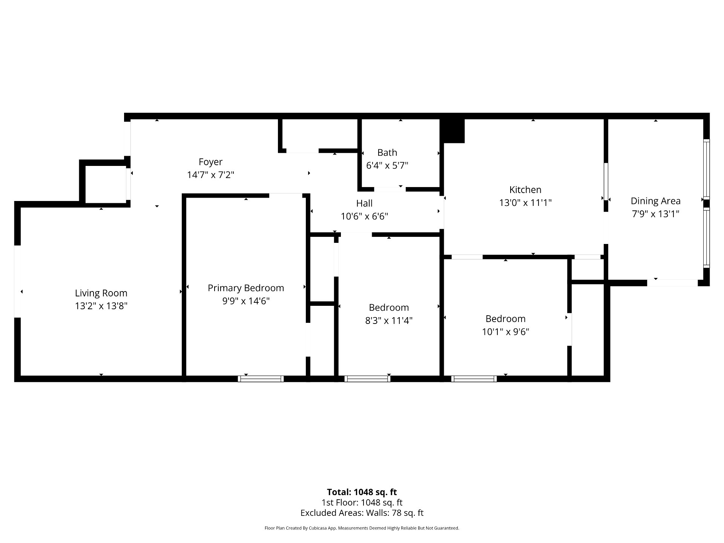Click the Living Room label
click(101, 293)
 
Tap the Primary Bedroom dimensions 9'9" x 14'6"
click(246, 301)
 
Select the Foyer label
click(210, 162)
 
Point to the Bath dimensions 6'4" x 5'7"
click(387, 165)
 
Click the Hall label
click(364, 203)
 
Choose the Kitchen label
click(525, 190)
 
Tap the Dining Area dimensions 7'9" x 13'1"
click(656, 214)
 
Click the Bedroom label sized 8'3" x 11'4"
click(389, 307)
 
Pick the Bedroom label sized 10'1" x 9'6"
click(505, 319)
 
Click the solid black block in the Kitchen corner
click(454, 131)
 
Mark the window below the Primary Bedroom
click(261, 379)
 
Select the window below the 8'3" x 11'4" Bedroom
click(367, 379)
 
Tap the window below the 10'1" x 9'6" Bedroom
click(474, 379)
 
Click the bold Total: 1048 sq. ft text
click(362, 492)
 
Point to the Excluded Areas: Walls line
click(362, 513)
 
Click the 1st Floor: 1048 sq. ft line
click(362, 503)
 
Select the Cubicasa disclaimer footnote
click(362, 528)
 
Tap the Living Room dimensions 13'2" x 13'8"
click(101, 306)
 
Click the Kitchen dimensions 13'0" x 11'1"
click(525, 202)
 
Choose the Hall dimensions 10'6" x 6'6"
click(364, 216)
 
